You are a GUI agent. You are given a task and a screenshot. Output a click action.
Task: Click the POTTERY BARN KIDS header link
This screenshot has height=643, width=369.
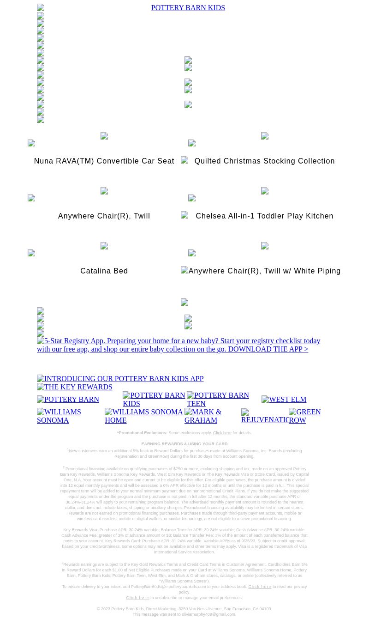pos(188,8)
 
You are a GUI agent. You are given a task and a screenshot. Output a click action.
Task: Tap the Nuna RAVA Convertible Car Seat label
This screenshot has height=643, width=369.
pos(104,161)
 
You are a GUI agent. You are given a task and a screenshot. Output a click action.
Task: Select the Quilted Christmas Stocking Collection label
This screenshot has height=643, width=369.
pos(264,161)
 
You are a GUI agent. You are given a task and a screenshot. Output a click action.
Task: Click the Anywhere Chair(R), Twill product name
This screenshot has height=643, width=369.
pos(104,216)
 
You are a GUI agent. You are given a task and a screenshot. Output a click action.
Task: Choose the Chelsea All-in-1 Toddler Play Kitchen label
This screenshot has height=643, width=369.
pos(264,216)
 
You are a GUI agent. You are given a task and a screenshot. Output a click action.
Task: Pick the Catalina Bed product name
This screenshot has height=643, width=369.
pos(104,271)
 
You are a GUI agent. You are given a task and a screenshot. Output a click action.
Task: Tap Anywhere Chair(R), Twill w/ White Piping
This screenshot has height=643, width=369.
pos(264,271)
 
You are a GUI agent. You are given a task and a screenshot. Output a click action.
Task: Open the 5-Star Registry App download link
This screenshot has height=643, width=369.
pos(179,345)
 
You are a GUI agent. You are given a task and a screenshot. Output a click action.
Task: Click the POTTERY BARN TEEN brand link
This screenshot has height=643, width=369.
pos(218,400)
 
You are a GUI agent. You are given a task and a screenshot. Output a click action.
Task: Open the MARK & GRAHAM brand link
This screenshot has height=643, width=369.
pos(203,416)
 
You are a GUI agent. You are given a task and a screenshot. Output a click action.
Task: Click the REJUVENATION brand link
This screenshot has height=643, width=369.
pos(265,416)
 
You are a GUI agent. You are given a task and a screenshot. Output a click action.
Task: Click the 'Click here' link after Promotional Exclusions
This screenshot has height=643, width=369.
pos(222,433)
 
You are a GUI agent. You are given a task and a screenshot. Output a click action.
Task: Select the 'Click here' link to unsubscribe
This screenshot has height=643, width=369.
pos(137,598)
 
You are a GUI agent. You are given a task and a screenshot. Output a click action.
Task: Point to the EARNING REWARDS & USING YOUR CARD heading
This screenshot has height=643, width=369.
pos(184,444)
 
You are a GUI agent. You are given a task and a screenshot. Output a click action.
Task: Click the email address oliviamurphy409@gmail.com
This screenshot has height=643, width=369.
pos(208,614)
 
